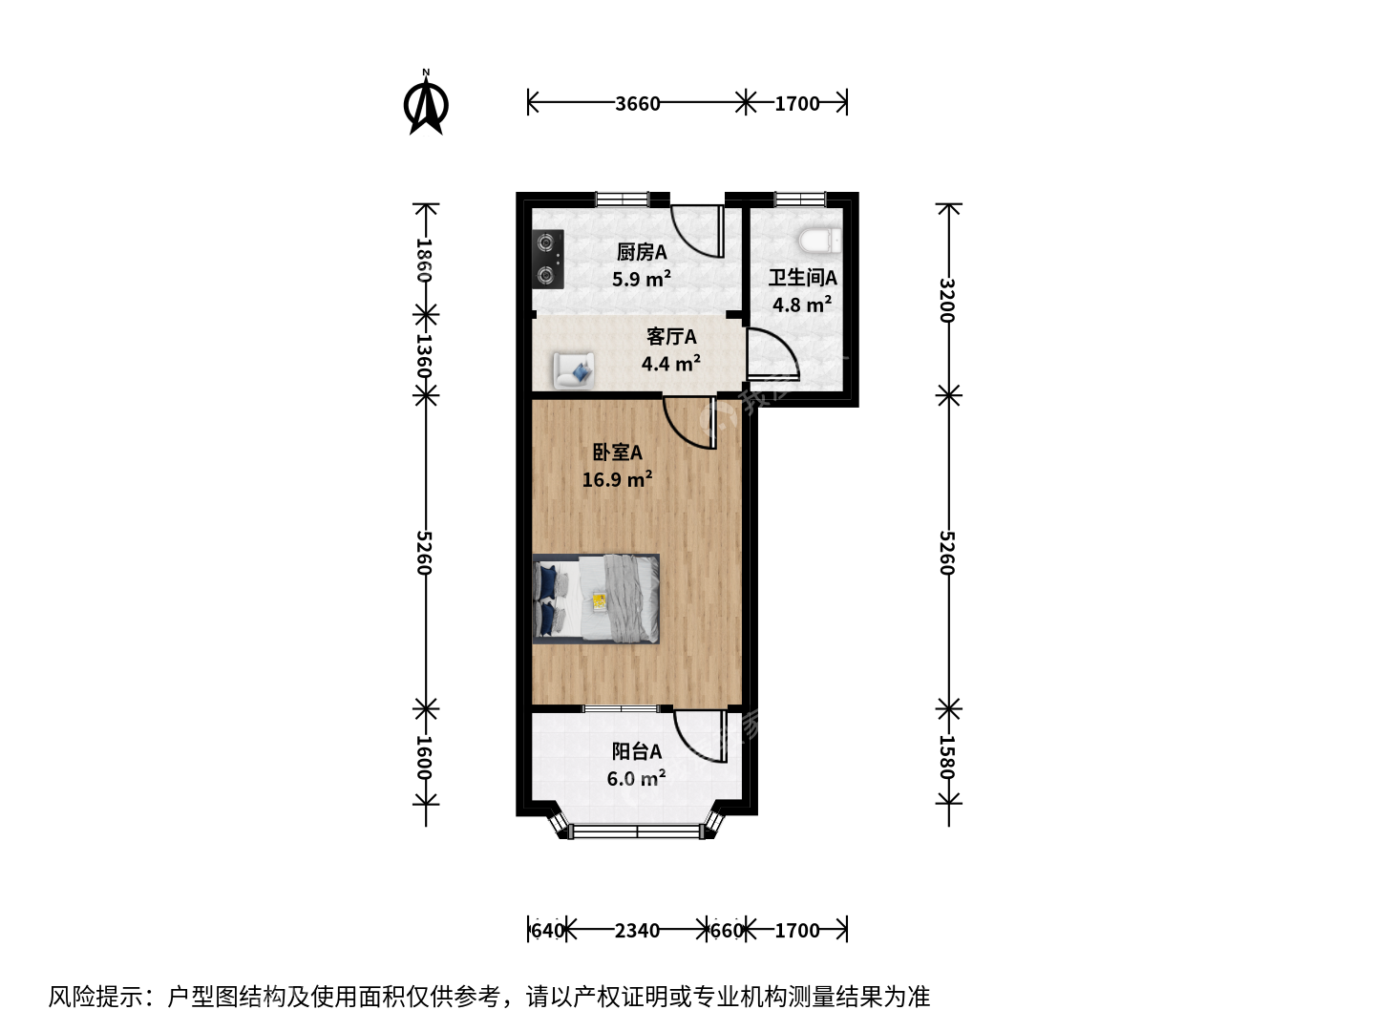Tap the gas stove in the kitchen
point(548,259)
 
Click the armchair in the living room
point(573,370)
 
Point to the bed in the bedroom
point(596,599)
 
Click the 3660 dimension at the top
point(637,103)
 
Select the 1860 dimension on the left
point(425,260)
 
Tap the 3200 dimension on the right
point(948,300)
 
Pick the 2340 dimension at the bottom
point(637,931)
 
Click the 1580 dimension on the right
point(948,757)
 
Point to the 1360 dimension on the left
point(425,355)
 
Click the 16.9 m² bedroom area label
point(617,479)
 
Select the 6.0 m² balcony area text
point(636,778)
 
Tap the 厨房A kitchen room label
point(642,252)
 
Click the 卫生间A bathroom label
point(802,277)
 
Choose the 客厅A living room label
point(671,337)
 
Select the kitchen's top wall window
point(622,200)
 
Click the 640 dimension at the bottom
point(547,931)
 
